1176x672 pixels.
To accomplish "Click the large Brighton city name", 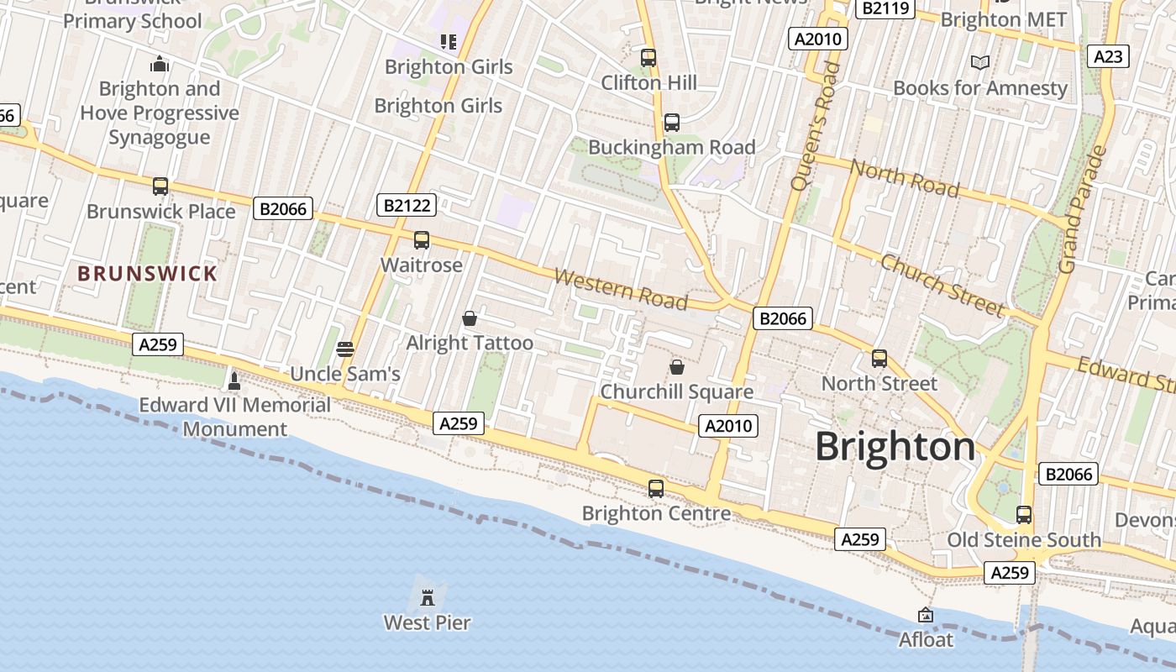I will [895, 446].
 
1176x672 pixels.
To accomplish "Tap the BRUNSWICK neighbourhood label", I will [148, 273].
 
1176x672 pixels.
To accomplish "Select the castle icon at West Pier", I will [428, 597].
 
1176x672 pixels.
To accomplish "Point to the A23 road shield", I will [1108, 56].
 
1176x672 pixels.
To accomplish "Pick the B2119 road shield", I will [885, 8].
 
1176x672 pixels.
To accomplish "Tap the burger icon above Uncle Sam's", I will [345, 349].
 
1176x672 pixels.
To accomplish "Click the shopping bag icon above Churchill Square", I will [676, 367].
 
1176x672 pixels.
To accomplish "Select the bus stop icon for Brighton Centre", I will [656, 488].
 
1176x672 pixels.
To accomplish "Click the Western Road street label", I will [621, 289].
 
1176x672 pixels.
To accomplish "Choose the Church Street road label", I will [942, 285].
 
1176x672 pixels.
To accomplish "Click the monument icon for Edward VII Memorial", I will [234, 381].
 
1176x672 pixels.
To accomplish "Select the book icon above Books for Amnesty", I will [979, 62].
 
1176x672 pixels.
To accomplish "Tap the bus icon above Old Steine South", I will [1024, 515].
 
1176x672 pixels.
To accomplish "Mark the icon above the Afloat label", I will [926, 615].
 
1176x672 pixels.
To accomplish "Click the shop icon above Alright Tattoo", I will [470, 318].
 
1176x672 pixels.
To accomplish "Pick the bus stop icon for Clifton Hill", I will [648, 58].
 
